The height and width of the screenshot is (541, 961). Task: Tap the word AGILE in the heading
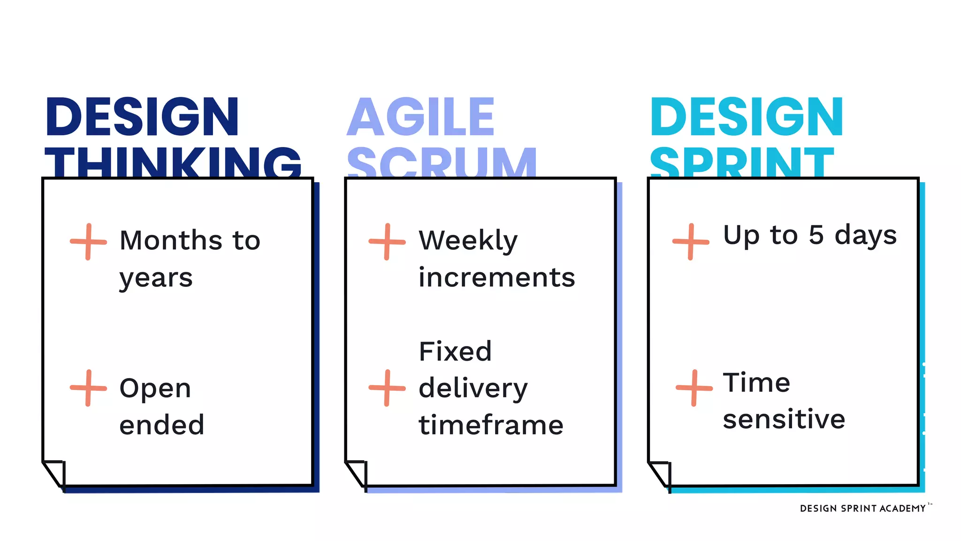click(420, 117)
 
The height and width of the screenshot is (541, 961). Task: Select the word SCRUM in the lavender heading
click(442, 162)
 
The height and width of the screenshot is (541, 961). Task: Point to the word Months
click(171, 240)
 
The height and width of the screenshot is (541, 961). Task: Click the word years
click(156, 278)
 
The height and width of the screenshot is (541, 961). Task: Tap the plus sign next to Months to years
click(88, 242)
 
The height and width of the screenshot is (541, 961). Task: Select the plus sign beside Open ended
click(88, 388)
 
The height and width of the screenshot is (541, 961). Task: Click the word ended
click(162, 425)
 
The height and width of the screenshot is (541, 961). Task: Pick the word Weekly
click(468, 241)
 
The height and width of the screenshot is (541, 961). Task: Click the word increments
click(496, 278)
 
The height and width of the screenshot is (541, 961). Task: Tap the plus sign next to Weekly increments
click(387, 242)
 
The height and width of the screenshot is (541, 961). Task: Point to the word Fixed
click(455, 352)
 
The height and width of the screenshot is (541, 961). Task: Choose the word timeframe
click(491, 425)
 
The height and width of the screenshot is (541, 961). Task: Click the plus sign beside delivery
click(387, 388)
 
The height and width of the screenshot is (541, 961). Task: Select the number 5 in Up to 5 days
click(816, 235)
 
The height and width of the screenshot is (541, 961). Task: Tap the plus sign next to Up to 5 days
click(690, 242)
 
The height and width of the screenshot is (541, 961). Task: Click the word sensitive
click(784, 419)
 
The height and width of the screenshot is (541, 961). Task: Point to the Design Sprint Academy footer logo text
click(862, 509)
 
